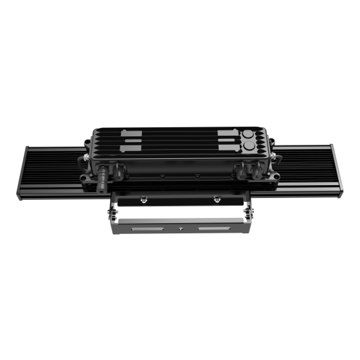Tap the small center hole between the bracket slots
(181, 229)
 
